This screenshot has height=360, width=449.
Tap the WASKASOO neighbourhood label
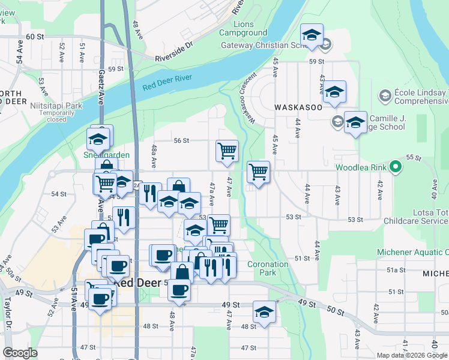point(300,106)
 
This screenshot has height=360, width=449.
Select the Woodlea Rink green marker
point(394,167)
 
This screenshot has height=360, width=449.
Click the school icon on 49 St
point(263,311)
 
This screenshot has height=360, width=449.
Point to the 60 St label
point(35,37)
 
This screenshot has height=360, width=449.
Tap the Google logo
point(20,353)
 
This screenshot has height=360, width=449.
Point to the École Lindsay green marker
point(385,95)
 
